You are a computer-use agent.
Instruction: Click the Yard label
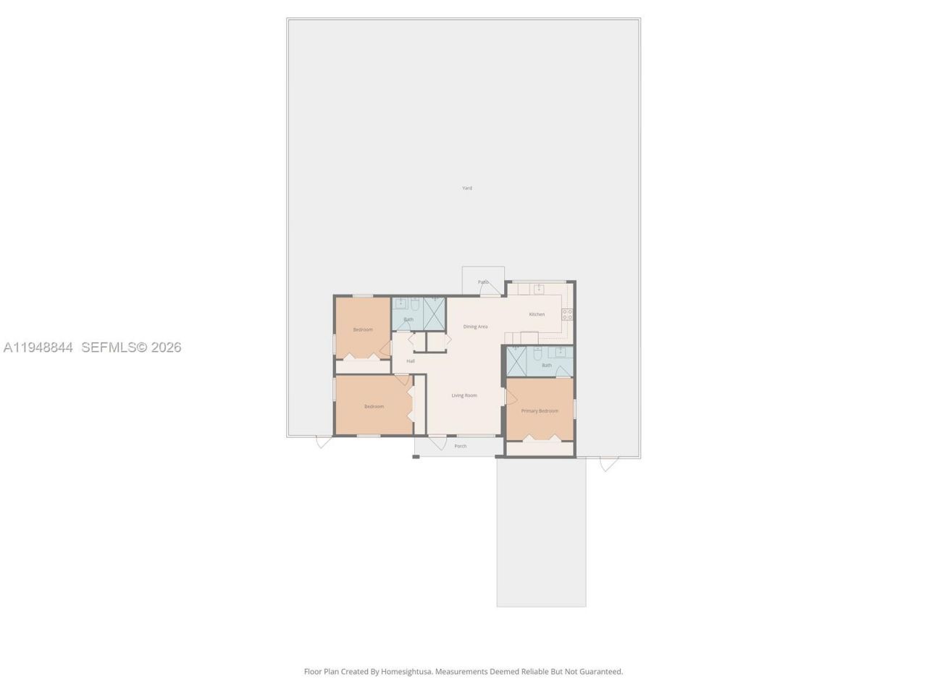click(467, 188)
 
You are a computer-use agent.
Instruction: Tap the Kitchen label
click(537, 314)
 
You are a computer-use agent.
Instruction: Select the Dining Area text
click(475, 327)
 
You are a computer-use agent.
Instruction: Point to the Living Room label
click(464, 395)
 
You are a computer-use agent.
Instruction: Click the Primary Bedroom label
click(540, 410)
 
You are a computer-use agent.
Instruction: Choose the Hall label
click(411, 361)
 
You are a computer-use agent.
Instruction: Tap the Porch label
click(461, 446)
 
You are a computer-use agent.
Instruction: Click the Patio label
click(483, 282)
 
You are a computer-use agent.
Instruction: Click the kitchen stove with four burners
click(567, 314)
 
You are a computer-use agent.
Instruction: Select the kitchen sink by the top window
click(539, 289)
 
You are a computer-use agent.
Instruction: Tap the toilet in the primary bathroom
click(537, 354)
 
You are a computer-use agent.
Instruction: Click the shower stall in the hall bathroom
click(435, 313)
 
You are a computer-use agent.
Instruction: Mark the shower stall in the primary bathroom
click(516, 361)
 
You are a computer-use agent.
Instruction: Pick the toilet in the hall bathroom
click(415, 304)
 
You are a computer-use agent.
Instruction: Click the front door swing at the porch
click(437, 442)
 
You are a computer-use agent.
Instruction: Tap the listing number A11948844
click(38, 347)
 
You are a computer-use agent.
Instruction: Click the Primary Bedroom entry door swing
click(511, 397)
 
